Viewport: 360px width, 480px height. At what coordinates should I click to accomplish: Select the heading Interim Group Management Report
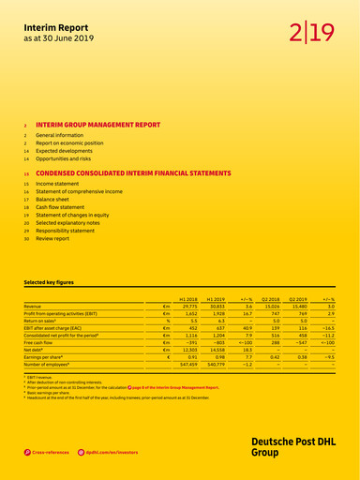click(97, 124)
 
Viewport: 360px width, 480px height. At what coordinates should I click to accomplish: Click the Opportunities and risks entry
click(67, 160)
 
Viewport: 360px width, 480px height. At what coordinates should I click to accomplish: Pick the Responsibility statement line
click(71, 230)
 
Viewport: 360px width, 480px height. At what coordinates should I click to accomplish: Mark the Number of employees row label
click(52, 367)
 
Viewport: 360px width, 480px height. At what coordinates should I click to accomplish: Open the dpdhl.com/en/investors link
click(112, 452)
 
